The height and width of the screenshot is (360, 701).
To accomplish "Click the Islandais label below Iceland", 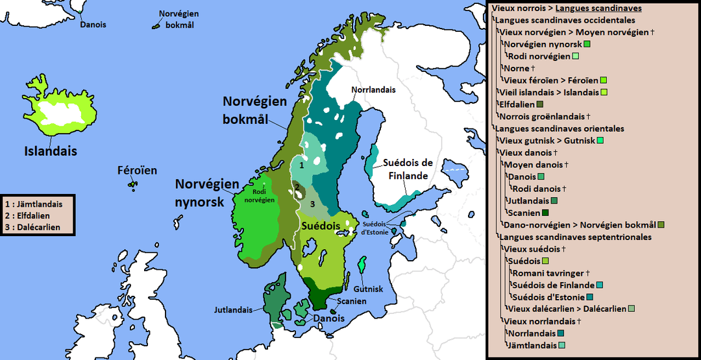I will [50, 151].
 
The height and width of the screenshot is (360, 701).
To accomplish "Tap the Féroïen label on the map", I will [137, 171].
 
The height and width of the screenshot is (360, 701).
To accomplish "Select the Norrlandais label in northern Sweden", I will [373, 90].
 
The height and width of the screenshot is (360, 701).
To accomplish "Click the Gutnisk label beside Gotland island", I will [368, 288].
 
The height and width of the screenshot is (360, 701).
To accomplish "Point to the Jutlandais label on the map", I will [233, 310].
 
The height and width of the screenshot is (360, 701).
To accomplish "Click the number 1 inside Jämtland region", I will [301, 165].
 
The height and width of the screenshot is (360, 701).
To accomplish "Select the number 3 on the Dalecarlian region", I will [312, 204].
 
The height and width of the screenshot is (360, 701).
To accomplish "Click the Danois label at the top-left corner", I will [93, 25].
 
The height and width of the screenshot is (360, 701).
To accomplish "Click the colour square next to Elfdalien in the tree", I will [540, 104].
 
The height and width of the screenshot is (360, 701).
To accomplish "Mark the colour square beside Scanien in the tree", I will [545, 213].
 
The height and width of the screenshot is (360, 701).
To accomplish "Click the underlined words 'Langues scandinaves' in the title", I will [599, 8].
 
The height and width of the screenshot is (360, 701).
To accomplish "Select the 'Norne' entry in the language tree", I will [517, 68].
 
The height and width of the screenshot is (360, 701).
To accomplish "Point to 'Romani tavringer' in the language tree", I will [547, 273].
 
